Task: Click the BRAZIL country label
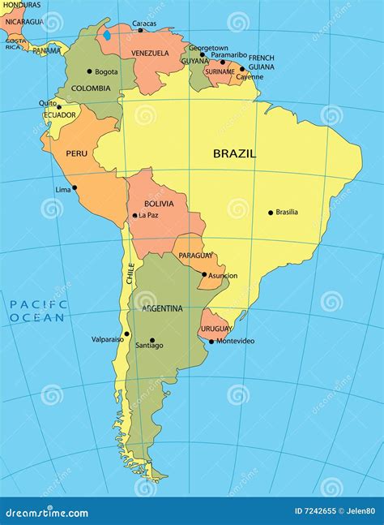pyautogui.click(x=234, y=153)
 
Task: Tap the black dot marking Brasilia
pyautogui.click(x=271, y=213)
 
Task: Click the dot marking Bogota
pyautogui.click(x=89, y=71)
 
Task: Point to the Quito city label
pyautogui.click(x=47, y=103)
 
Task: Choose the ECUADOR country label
pyautogui.click(x=59, y=115)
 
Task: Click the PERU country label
pyautogui.click(x=76, y=153)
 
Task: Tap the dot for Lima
pyautogui.click(x=75, y=187)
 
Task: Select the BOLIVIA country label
pyautogui.click(x=159, y=203)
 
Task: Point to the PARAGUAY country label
pyautogui.click(x=196, y=256)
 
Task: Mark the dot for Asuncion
pyautogui.click(x=204, y=274)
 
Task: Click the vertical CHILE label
pyautogui.click(x=129, y=273)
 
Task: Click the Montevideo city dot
pyautogui.click(x=211, y=341)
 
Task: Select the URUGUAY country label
pyautogui.click(x=215, y=329)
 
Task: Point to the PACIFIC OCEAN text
pyautogui.click(x=36, y=311)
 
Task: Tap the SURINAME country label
pyautogui.click(x=220, y=71)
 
